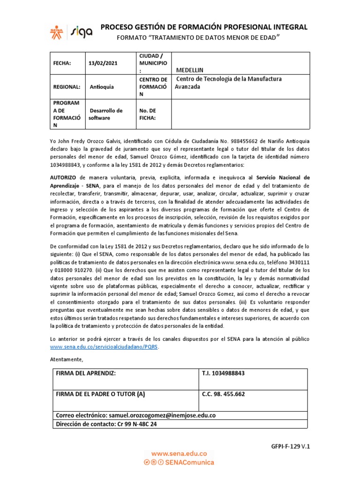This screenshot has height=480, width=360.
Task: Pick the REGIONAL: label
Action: tap(66, 87)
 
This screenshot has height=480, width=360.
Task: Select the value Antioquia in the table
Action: tap(101, 87)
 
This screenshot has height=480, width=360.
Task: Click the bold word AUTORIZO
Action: tap(64, 178)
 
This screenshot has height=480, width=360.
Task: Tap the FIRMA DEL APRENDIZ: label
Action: tap(85, 373)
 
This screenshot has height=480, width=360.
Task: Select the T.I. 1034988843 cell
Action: tap(223, 373)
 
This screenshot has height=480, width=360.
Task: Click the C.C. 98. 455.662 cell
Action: tap(223, 394)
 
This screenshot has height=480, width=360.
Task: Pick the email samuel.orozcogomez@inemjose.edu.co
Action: tap(162, 415)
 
